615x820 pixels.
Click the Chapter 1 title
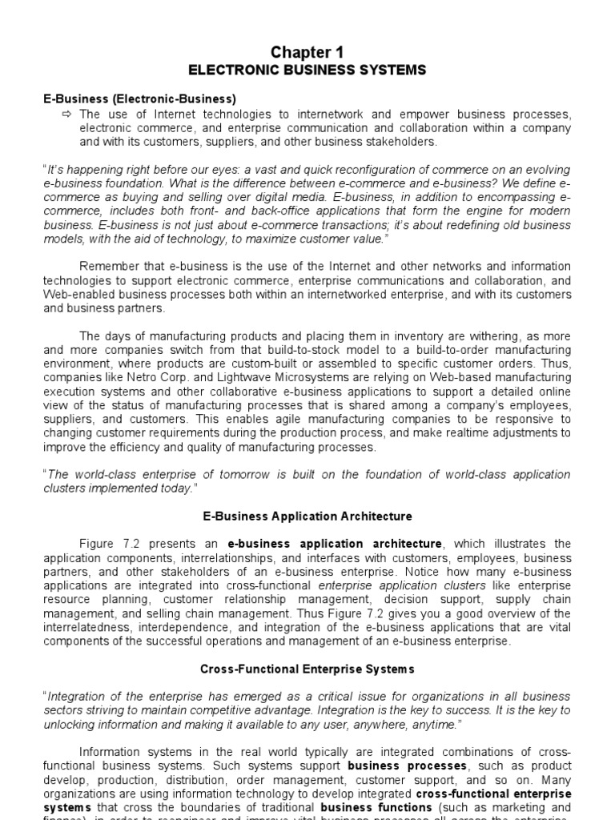click(x=307, y=52)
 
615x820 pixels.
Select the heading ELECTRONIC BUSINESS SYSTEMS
click(x=307, y=70)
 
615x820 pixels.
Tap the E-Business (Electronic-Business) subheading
click(x=139, y=99)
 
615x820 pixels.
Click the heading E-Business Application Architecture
click(x=307, y=517)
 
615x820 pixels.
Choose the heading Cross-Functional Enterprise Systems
click(x=307, y=667)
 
